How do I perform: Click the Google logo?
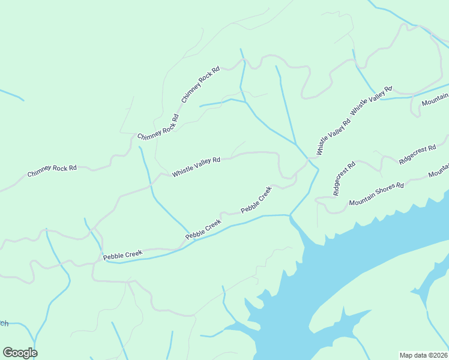[20, 353]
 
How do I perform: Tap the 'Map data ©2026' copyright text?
[423, 355]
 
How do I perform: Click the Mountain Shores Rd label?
[376, 194]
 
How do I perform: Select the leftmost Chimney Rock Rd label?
[52, 171]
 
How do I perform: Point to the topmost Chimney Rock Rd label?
[200, 85]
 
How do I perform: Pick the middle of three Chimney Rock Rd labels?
[158, 127]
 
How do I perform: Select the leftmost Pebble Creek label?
[122, 256]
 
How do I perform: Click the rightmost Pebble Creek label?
[256, 200]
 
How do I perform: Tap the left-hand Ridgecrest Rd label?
[345, 178]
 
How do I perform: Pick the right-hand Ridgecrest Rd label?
[417, 154]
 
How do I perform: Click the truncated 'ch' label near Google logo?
[4, 323]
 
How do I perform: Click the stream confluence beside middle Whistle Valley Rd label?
[307, 159]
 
